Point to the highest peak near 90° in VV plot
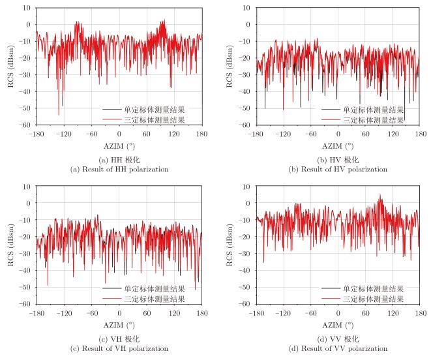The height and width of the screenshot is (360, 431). [x=381, y=194]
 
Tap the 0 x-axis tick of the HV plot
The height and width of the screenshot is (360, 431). [x=338, y=134]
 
